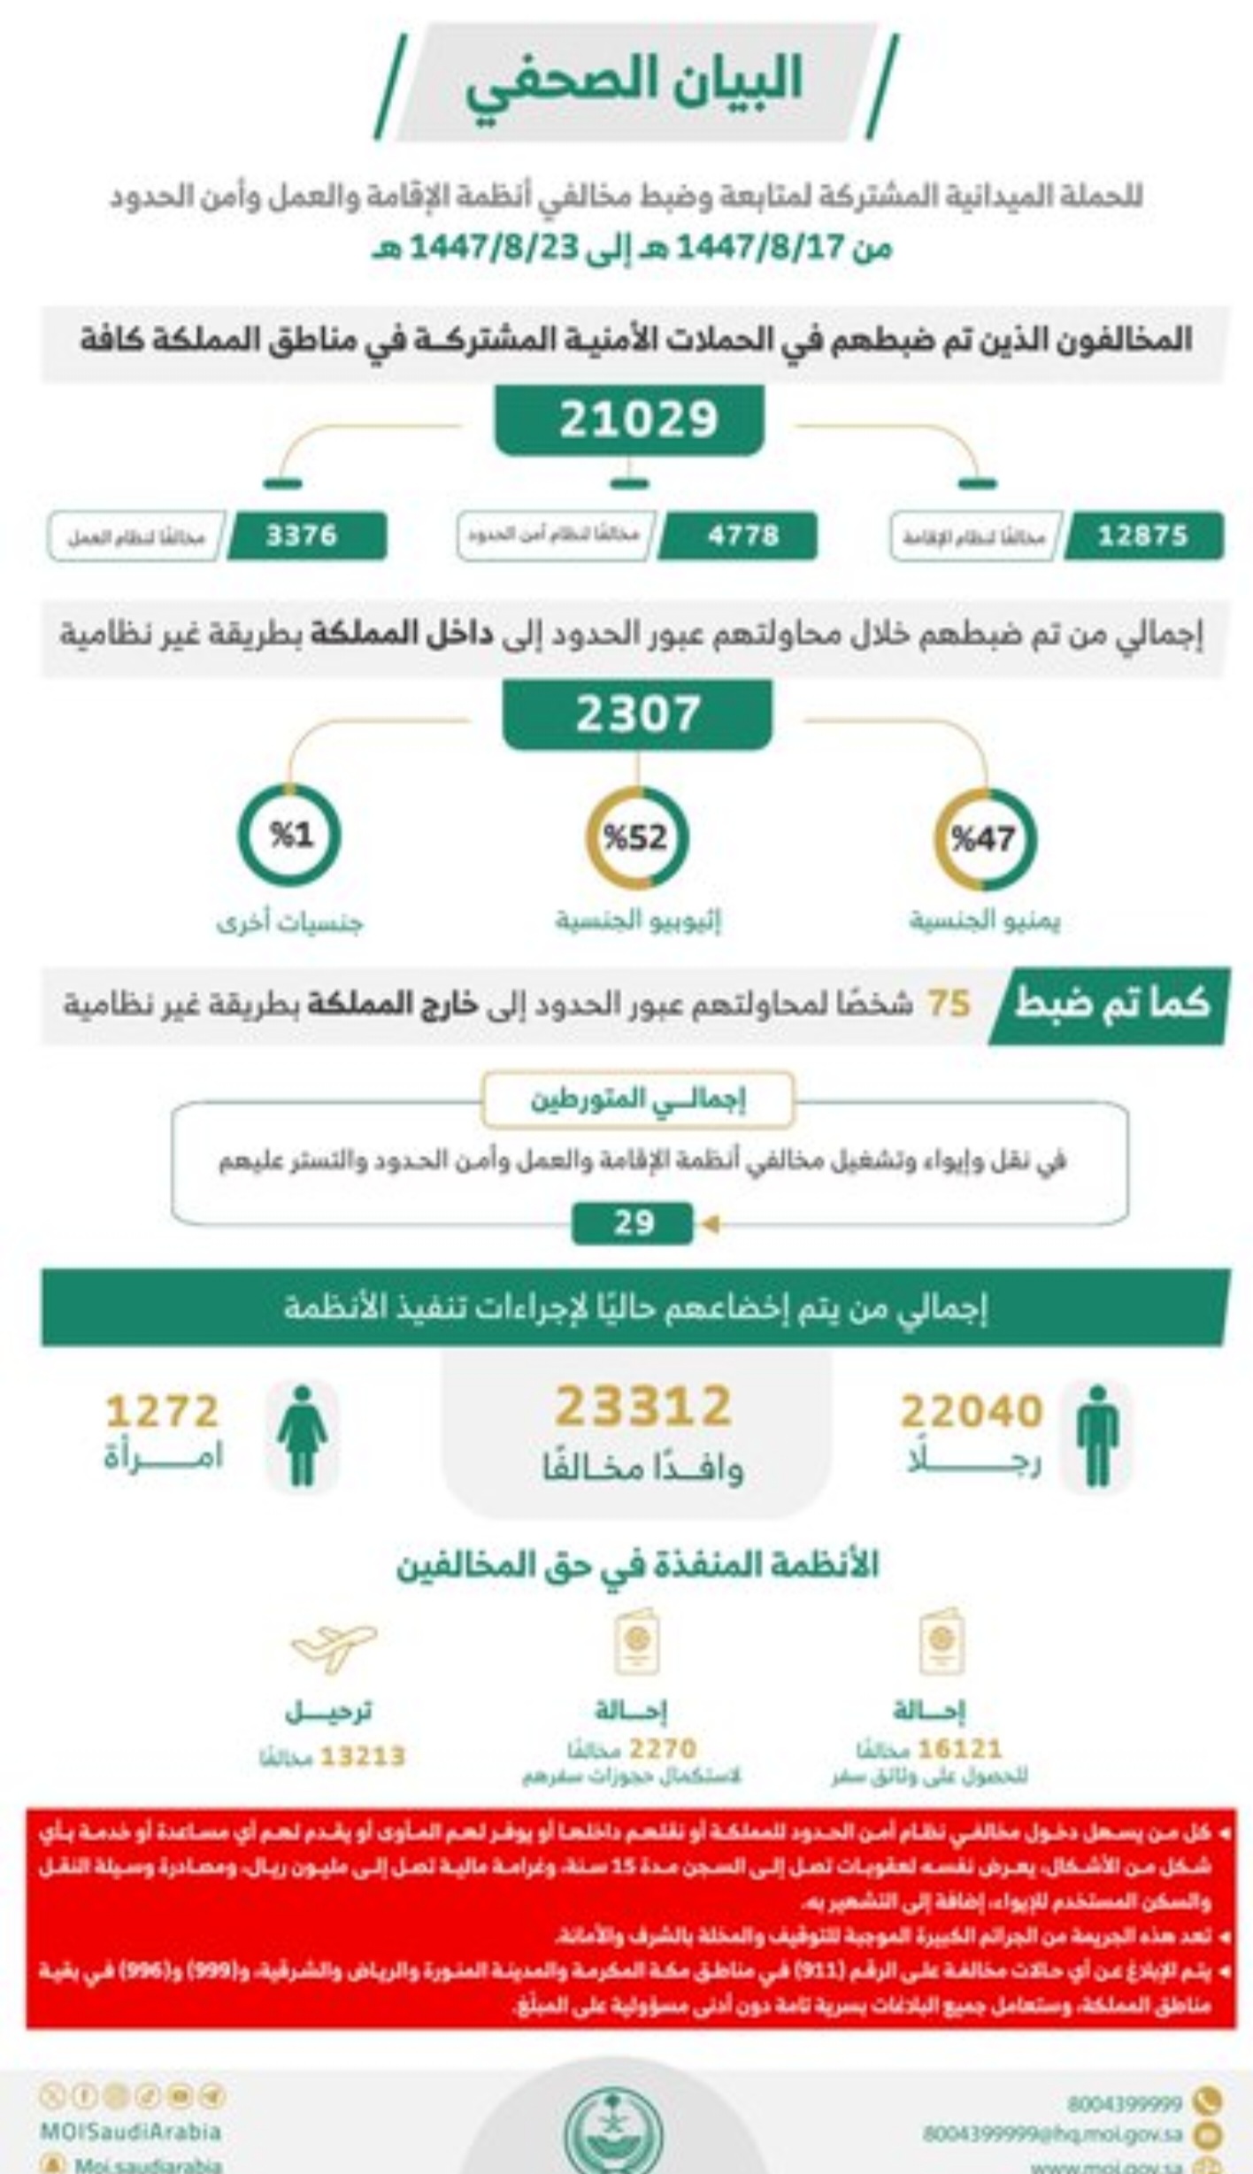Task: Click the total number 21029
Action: pos(637,420)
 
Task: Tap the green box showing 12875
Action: pos(1142,536)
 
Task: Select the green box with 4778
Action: pos(742,536)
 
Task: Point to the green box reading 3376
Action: pos(302,536)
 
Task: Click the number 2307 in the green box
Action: pos(637,713)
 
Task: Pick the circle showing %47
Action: pos(984,837)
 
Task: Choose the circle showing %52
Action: pos(636,837)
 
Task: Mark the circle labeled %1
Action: pos(289,836)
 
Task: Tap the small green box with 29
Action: pos(634,1223)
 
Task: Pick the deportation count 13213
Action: pos(362,1756)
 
